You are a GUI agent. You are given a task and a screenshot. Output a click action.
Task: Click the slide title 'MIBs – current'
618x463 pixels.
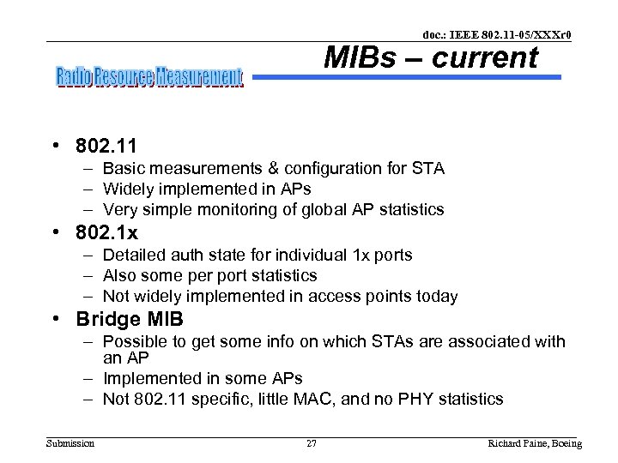[x=430, y=58]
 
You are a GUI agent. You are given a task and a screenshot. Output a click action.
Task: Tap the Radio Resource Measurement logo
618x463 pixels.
[x=149, y=78]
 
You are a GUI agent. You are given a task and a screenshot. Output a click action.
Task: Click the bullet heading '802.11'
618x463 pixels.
[x=106, y=146]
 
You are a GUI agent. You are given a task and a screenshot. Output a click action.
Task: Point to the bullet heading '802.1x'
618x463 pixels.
[x=106, y=232]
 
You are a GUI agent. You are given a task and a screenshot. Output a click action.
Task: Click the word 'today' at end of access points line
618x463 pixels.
[x=437, y=297]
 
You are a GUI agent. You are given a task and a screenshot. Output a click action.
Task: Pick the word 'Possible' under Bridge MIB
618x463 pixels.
[x=135, y=341]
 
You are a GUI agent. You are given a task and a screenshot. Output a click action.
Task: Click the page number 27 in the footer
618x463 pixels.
[x=312, y=443]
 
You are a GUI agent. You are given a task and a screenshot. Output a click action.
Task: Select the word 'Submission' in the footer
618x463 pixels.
[x=70, y=443]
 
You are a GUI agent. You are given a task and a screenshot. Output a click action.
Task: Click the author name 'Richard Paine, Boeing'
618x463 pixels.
[x=534, y=443]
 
